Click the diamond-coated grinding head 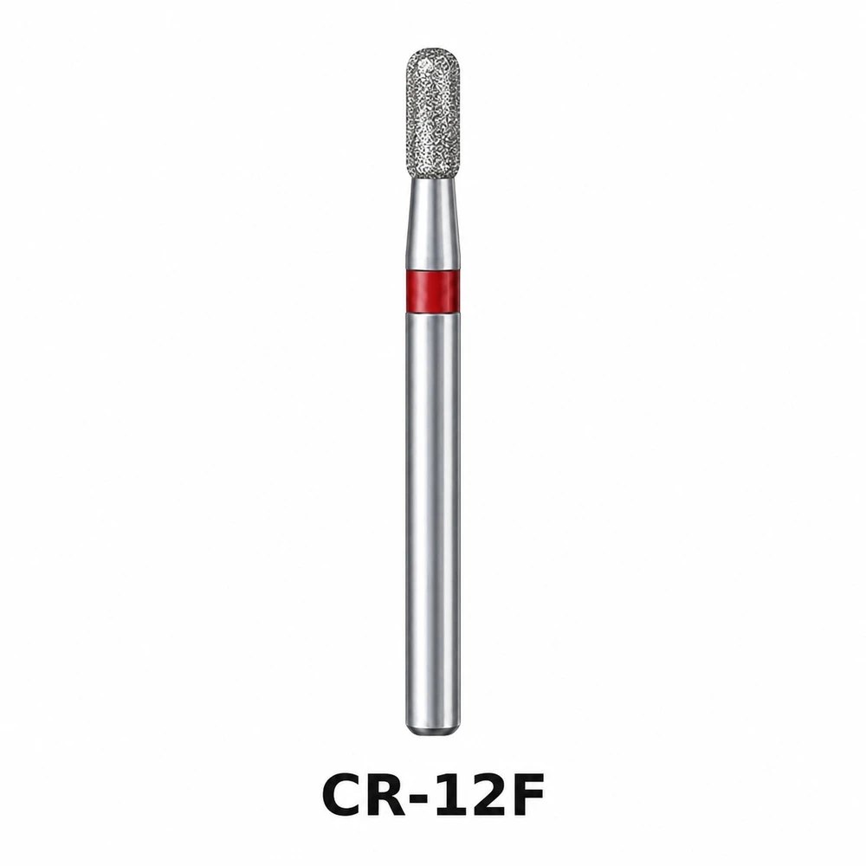click(434, 113)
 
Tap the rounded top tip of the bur click(434, 48)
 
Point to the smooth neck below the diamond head click(434, 223)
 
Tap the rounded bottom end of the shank click(433, 732)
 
